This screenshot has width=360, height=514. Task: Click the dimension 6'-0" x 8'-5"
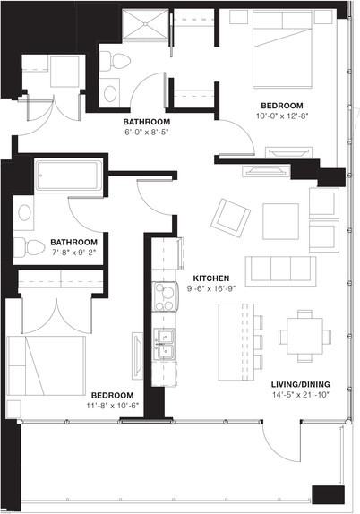(x=146, y=133)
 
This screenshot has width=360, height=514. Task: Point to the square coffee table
(x=280, y=220)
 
